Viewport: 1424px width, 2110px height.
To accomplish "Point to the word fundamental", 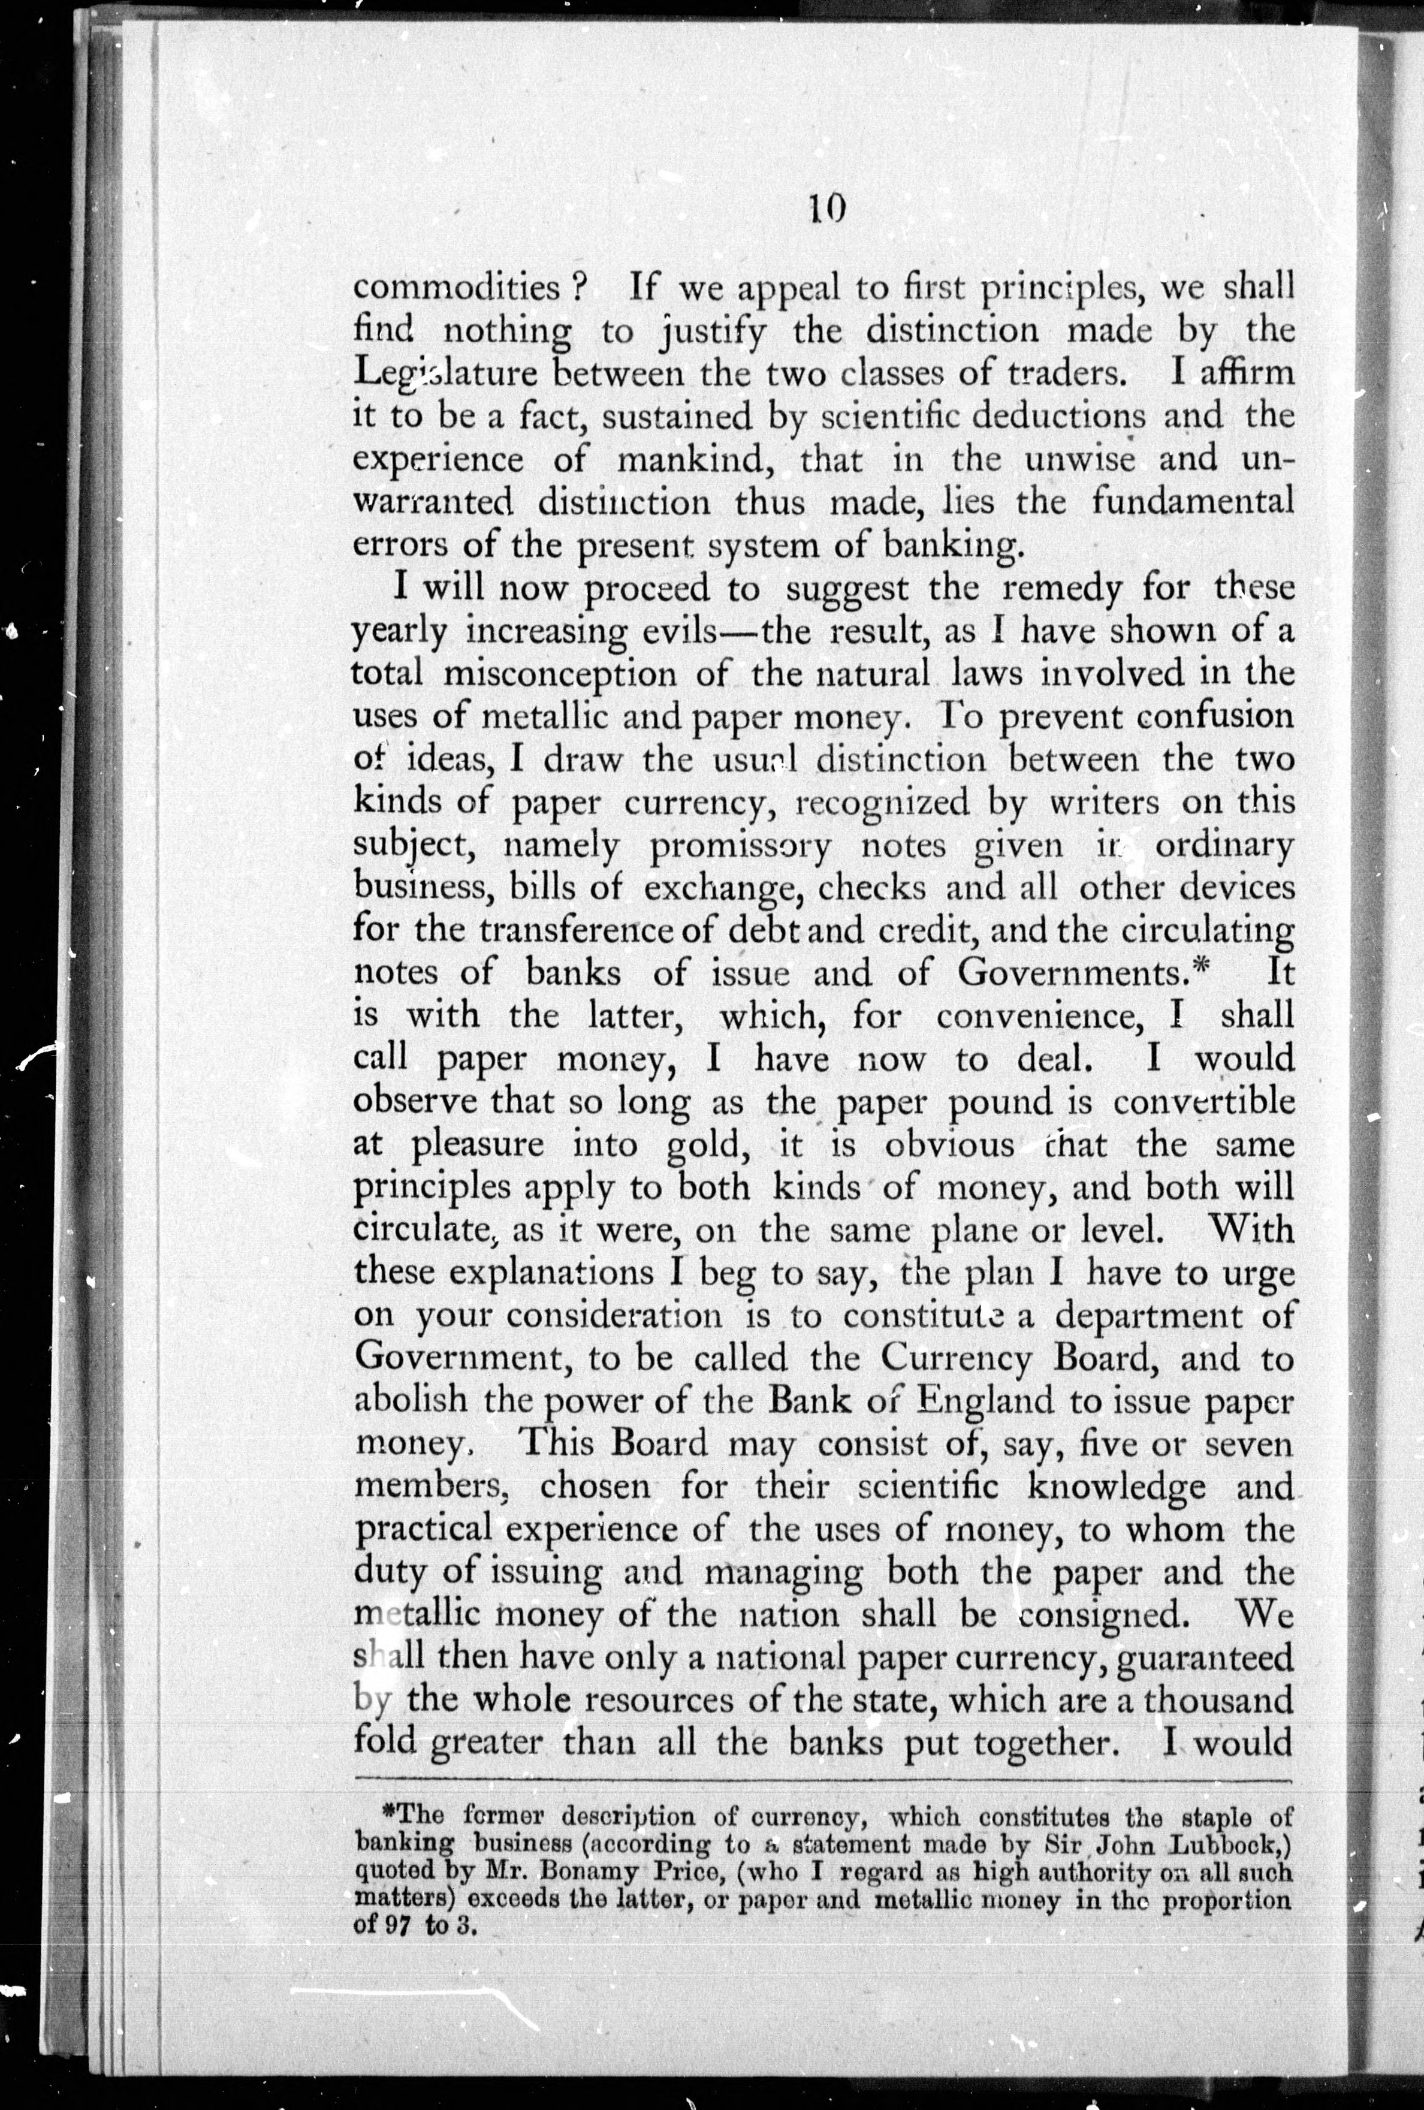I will tap(1191, 502).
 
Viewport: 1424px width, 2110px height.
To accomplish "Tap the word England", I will tap(986, 1402).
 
